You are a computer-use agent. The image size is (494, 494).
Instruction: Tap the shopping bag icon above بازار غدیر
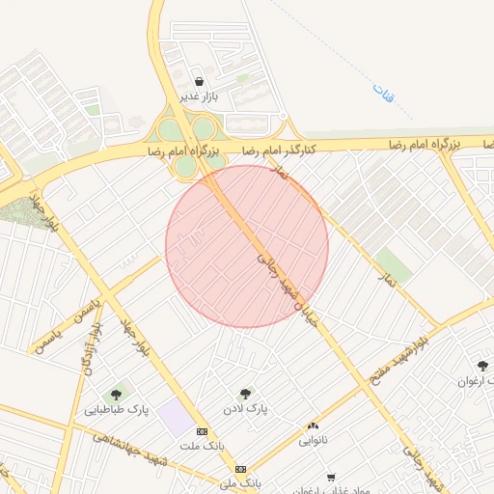coord(199,82)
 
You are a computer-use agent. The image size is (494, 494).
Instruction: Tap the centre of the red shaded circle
coord(247,246)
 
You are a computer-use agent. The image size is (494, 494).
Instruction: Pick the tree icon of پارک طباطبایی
coord(117,394)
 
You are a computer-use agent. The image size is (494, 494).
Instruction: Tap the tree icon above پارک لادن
coord(244,394)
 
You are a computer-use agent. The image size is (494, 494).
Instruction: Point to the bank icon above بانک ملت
coord(202,431)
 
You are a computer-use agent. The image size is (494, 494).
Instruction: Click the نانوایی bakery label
coord(313,441)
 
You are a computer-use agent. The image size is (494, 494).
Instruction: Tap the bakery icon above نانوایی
coord(313,425)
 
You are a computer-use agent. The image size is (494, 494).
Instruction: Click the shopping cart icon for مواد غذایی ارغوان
coord(331,478)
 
